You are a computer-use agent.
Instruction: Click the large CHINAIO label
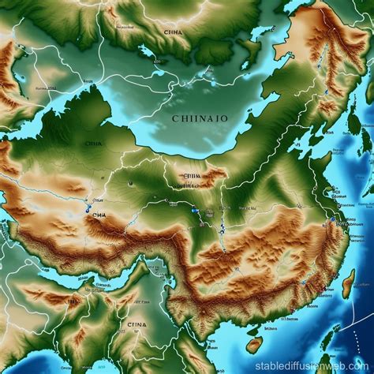click(200, 118)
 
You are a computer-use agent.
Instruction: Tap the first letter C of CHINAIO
click(174, 118)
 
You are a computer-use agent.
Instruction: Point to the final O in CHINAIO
click(226, 118)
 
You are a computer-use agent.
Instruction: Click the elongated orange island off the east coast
click(349, 284)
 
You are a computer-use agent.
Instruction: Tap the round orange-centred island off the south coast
click(254, 345)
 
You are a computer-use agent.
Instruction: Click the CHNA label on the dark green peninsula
click(93, 144)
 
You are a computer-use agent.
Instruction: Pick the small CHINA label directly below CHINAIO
click(191, 177)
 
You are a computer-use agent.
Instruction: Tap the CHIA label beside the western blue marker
click(99, 213)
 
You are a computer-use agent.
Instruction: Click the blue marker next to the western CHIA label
click(85, 211)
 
